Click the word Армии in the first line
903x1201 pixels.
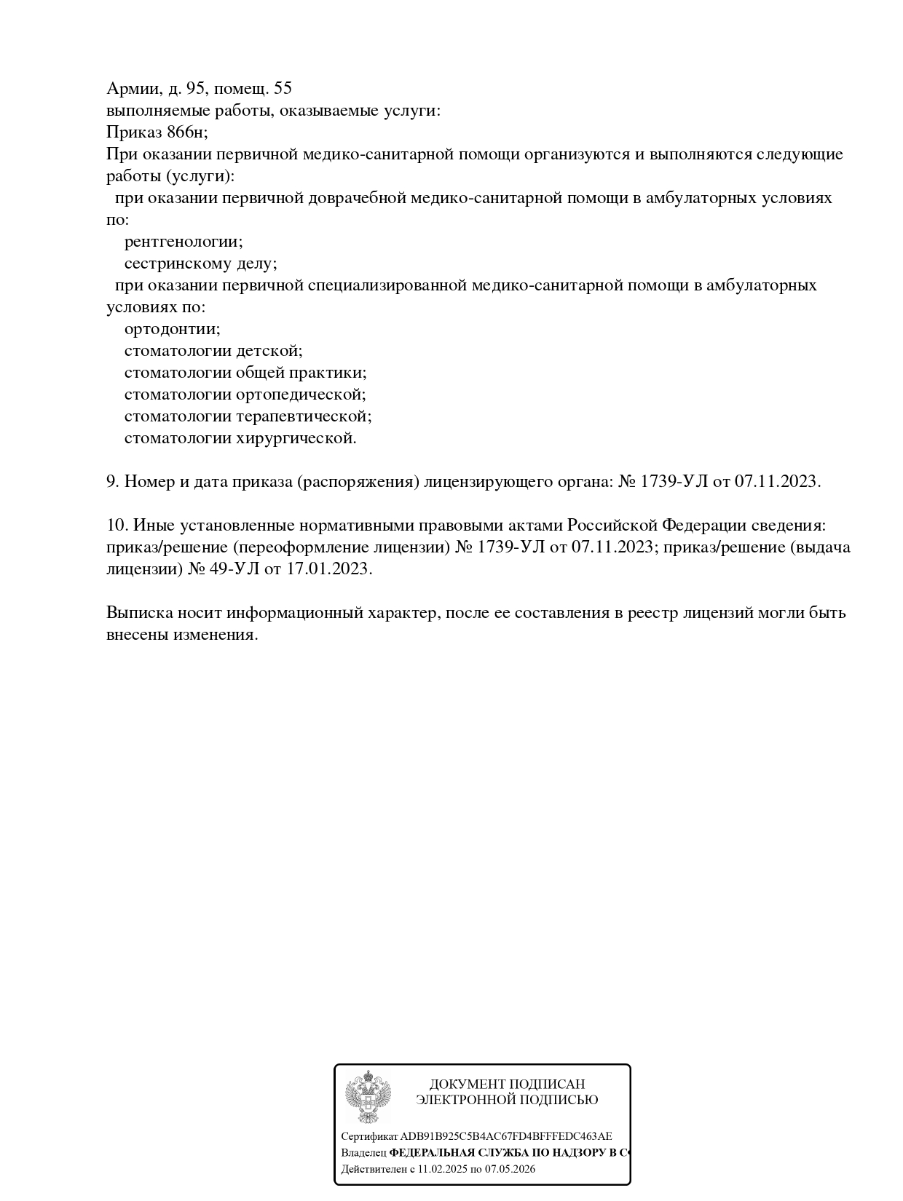133,89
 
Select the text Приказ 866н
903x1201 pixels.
156,132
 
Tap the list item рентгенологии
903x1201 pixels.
184,242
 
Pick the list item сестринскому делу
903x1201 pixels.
200,263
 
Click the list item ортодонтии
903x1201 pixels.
172,329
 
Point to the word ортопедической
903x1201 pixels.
301,395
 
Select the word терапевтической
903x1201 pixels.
304,416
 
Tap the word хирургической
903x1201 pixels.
296,438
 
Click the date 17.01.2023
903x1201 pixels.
329,569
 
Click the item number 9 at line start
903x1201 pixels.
112,482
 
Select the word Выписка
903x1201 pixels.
139,613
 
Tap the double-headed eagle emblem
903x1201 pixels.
368,1097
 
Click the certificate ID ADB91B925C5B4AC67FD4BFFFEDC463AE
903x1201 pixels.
506,1136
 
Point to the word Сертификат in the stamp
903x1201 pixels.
370,1136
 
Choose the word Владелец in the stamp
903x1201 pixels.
364,1153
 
